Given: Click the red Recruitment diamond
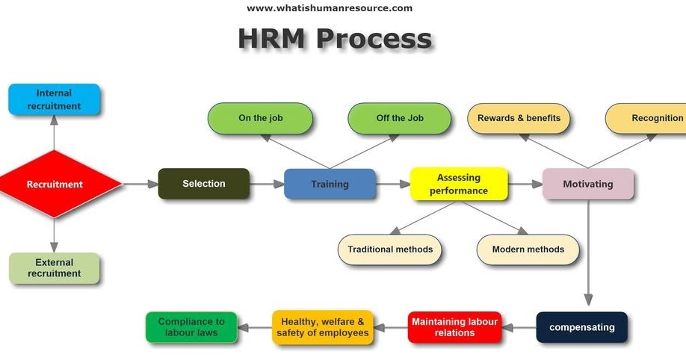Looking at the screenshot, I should click(x=55, y=184).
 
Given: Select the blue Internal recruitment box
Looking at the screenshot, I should click(x=54, y=99).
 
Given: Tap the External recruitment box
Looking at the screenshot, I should click(x=54, y=268).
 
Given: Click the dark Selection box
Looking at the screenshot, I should click(x=204, y=184).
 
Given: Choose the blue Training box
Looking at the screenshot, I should click(x=330, y=184).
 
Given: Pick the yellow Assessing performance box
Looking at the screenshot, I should click(x=459, y=184).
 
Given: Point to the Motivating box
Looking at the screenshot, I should click(x=587, y=184).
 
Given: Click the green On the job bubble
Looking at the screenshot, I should click(x=261, y=118).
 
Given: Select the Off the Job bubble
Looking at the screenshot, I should click(x=400, y=118).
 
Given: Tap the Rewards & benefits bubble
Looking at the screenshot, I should click(x=519, y=118).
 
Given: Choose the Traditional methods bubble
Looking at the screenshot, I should click(x=390, y=249).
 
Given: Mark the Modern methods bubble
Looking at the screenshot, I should click(x=528, y=249).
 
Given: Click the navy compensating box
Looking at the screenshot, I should click(x=581, y=327).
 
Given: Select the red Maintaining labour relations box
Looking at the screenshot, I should click(x=454, y=327).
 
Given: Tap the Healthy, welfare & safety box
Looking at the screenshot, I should click(x=323, y=327).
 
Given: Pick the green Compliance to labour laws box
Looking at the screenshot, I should click(x=191, y=327).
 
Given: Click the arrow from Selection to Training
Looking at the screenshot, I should click(x=266, y=184).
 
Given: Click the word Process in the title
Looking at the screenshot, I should click(x=373, y=39).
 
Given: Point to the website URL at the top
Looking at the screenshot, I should click(x=330, y=8).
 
